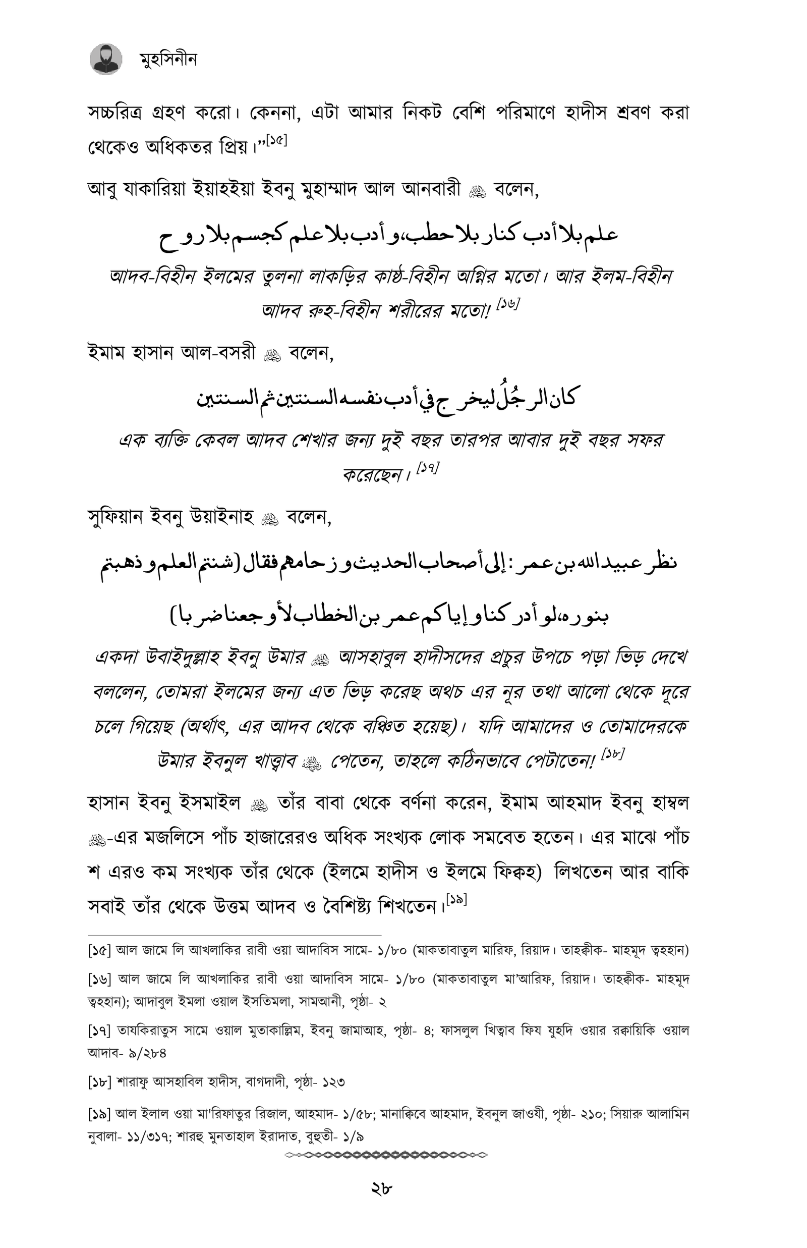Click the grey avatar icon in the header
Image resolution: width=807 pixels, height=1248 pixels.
pyautogui.click(x=106, y=59)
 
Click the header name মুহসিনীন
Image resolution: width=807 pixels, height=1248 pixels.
pyautogui.click(x=168, y=60)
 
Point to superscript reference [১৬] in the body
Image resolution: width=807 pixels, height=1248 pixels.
pyautogui.click(x=507, y=304)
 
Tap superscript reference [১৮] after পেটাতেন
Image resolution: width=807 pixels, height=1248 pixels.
pyautogui.click(x=612, y=754)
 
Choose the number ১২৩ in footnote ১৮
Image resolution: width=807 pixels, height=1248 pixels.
pyautogui.click(x=333, y=1082)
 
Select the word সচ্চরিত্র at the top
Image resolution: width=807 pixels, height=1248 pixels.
pyautogui.click(x=116, y=113)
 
